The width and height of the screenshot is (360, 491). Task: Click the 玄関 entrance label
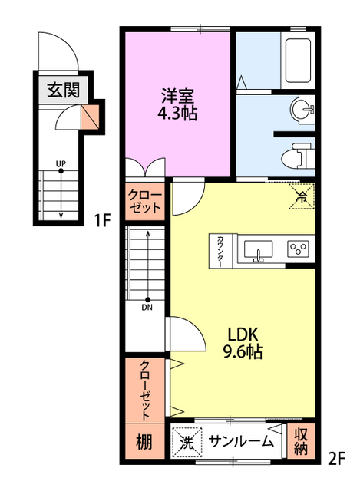[64, 90]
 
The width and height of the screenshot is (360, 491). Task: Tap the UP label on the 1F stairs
[61, 163]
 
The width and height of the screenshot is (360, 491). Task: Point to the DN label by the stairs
[147, 308]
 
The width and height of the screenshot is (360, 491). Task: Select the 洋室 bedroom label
[177, 96]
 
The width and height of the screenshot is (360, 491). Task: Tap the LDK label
[243, 334]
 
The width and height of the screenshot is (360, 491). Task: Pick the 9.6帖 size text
[243, 351]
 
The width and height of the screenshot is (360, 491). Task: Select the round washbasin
[302, 109]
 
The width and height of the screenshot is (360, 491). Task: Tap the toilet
[298, 155]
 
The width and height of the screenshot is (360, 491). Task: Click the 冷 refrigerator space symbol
[301, 196]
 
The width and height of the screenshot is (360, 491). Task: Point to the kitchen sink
[258, 250]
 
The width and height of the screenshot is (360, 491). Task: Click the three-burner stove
[298, 249]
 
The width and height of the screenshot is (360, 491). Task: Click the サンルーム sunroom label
[241, 442]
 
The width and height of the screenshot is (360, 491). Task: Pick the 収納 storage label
[301, 441]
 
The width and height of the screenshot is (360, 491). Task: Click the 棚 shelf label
[144, 442]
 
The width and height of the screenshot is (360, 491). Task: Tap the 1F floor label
[103, 220]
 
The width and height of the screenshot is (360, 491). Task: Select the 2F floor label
[336, 459]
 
